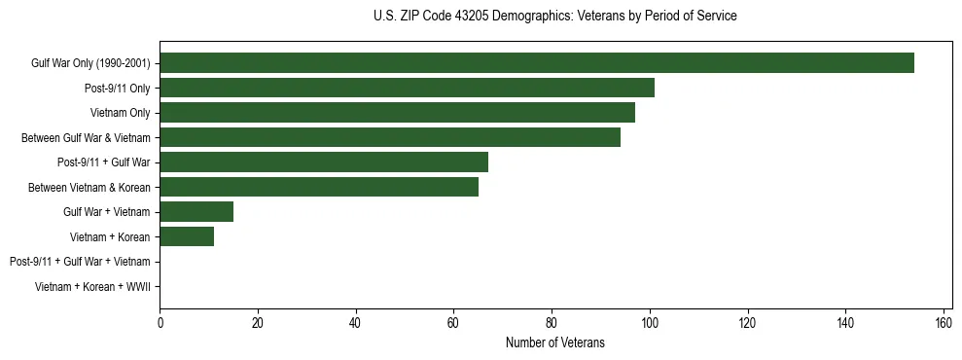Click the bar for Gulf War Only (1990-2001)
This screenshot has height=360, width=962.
tap(537, 63)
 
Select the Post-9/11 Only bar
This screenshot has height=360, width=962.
tap(407, 88)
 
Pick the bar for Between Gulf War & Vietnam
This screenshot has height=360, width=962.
tap(390, 137)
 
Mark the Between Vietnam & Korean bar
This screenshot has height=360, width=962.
tap(319, 187)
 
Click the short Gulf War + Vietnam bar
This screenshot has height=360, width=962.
tap(196, 212)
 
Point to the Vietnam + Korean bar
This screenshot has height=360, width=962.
tap(187, 236)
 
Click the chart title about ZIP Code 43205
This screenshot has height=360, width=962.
tap(554, 17)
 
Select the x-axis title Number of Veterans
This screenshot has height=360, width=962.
tap(554, 342)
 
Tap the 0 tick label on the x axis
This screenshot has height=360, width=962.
tap(160, 322)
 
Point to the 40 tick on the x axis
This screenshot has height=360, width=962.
tap(356, 322)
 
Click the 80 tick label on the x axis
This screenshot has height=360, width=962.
tap(552, 322)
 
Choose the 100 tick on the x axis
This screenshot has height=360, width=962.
tap(650, 322)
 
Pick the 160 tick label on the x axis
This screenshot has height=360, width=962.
tap(943, 322)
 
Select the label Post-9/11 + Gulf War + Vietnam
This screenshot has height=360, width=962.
tap(80, 262)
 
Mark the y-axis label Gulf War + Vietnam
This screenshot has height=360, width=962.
tap(106, 212)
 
